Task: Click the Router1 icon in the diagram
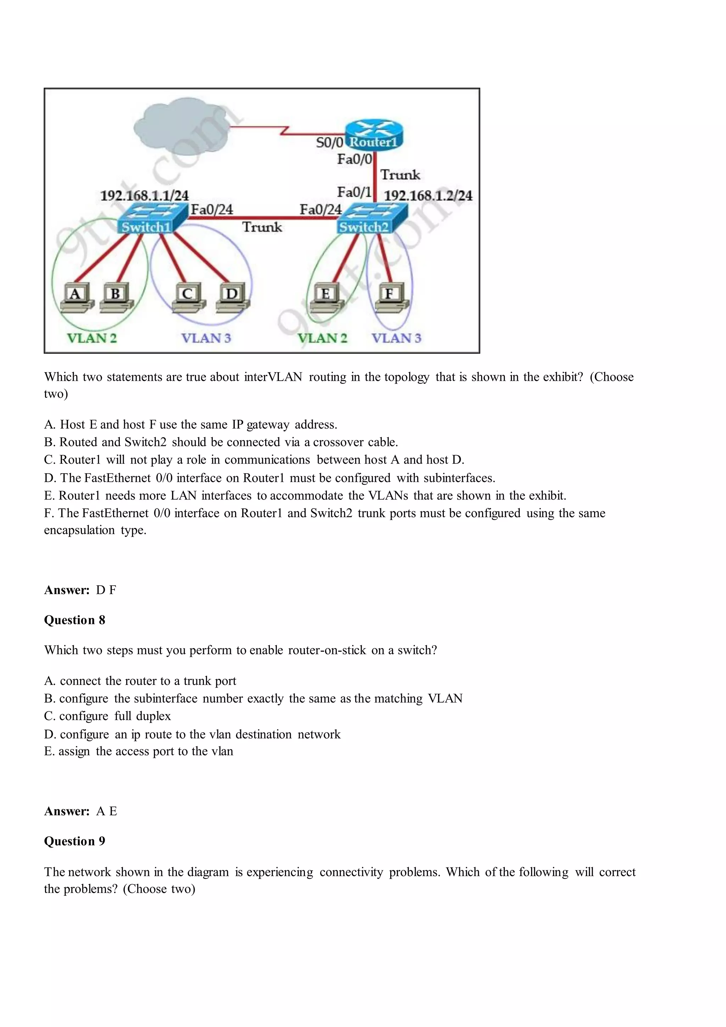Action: point(374,134)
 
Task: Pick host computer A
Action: point(77,297)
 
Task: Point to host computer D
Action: point(233,297)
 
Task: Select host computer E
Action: point(326,297)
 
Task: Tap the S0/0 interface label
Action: point(329,143)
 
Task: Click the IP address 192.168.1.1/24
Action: point(144,195)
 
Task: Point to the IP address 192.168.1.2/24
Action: point(428,195)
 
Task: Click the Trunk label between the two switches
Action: point(262,227)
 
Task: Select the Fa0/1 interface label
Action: point(354,192)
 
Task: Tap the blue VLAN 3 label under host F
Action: point(396,338)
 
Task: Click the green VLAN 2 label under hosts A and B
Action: point(92,338)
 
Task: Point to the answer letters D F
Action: point(106,590)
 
